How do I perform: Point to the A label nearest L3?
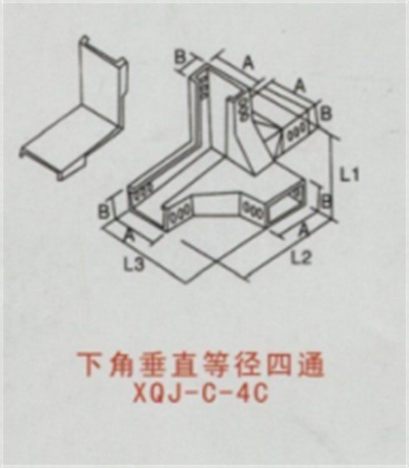click(130, 235)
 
